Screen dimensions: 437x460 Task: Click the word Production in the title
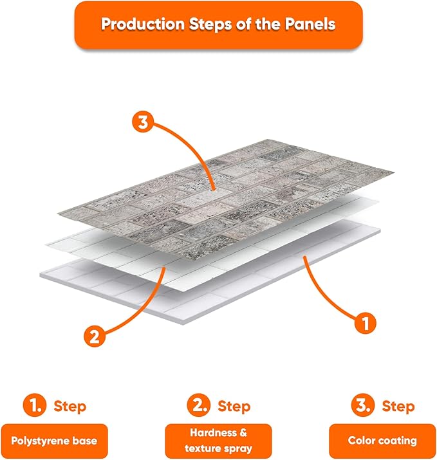[x=143, y=24]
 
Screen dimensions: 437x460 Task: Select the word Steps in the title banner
[x=210, y=24]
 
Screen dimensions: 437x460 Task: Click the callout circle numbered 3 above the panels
[x=143, y=122]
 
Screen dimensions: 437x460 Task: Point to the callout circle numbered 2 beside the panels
[x=95, y=336]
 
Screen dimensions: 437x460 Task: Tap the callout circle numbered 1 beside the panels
[x=366, y=324]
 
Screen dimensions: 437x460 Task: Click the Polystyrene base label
[x=54, y=441]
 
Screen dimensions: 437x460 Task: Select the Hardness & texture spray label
[x=218, y=441]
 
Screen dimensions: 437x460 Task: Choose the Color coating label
[x=382, y=441]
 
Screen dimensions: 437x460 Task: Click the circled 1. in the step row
[x=35, y=405]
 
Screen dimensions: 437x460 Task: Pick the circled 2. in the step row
[x=199, y=405]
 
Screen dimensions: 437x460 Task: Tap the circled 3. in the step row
[x=363, y=405]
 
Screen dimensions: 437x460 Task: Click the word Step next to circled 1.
[x=70, y=407]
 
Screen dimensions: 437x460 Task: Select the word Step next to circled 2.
[x=234, y=407]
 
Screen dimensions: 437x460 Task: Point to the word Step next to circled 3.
[x=398, y=407]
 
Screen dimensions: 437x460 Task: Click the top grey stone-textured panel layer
[x=226, y=199]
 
